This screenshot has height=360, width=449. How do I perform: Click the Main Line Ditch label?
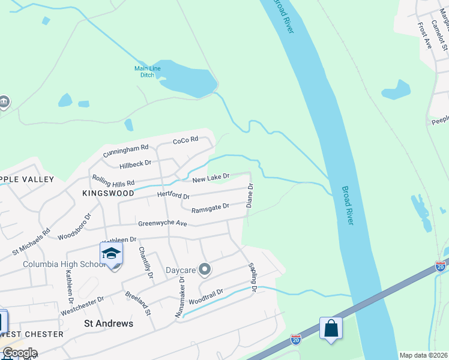point(147,72)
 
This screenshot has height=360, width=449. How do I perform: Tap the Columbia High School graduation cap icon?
point(111,253)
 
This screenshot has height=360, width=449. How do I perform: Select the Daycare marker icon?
point(205,269)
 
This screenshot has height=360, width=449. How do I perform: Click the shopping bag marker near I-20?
point(331,328)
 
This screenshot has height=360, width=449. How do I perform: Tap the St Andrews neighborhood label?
point(107,323)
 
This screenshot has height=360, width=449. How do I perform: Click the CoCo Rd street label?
point(185,140)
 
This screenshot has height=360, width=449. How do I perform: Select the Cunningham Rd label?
point(125,151)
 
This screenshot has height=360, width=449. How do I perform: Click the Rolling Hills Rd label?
point(113,180)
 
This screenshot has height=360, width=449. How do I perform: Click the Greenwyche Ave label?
point(163,223)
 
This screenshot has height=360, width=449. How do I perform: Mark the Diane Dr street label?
point(250,196)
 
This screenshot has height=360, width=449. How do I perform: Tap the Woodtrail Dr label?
point(206,296)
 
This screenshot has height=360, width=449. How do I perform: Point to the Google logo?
point(20,353)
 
